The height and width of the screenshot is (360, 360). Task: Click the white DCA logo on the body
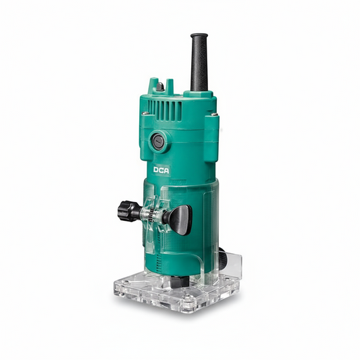pos(161,170)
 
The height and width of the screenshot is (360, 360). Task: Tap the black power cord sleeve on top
pos(199,62)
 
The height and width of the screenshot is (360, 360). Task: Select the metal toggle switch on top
pos(160,86)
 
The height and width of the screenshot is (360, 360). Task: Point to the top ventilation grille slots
pos(165,110)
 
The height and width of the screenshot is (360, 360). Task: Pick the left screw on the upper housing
pos(145,113)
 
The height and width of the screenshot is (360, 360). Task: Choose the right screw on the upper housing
pos(214,114)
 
